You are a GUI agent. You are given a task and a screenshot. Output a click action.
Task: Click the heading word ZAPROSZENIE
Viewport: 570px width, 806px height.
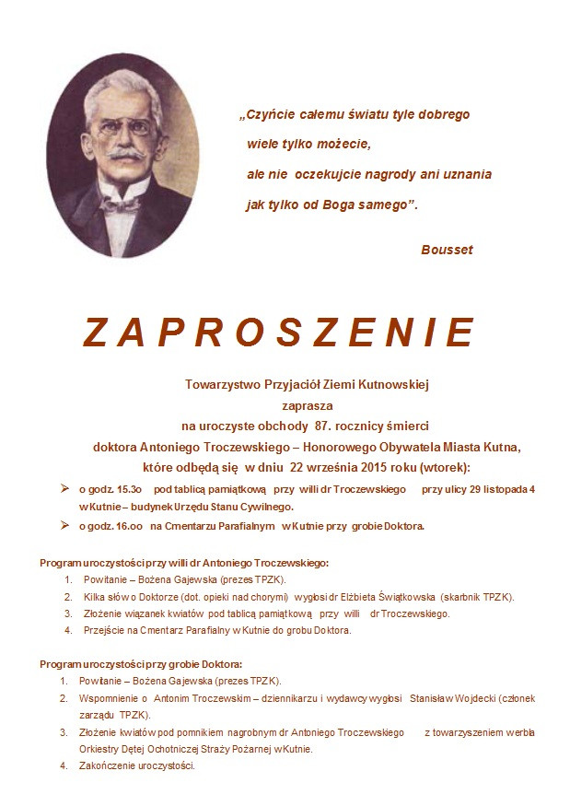(x=279, y=332)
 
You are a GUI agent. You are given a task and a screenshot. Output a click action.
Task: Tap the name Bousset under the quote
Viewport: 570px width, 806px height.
(x=447, y=250)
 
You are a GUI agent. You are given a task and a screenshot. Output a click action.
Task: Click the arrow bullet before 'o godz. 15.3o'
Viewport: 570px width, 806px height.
(x=64, y=488)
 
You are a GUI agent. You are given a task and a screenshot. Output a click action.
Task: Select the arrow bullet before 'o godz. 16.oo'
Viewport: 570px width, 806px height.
(x=64, y=525)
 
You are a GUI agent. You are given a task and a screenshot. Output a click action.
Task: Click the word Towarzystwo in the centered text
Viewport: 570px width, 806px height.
(x=221, y=383)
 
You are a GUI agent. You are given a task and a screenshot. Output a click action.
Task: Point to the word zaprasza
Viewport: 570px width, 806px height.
(x=307, y=404)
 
